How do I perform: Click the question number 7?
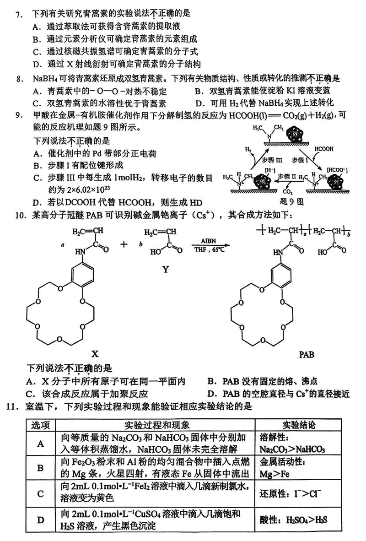click(18, 14)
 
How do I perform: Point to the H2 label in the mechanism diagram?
click(248, 149)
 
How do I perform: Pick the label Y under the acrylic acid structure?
click(165, 270)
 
